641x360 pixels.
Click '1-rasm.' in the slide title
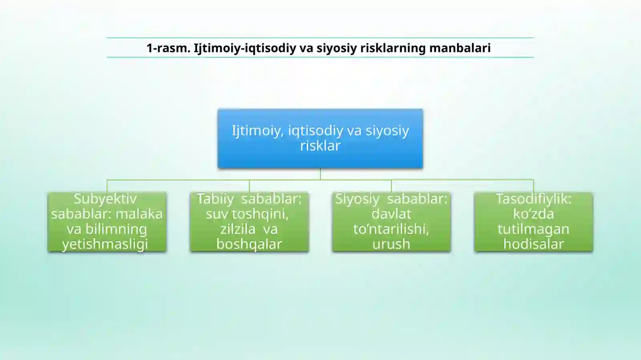point(168,48)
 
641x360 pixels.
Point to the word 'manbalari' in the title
point(460,48)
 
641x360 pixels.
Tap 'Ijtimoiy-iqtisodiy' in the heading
point(245,48)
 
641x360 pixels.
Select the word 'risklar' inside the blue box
point(320,145)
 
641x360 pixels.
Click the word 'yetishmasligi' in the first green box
point(105,244)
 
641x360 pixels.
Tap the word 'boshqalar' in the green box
point(249,244)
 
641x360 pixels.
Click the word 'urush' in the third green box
point(391,244)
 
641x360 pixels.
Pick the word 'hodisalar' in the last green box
point(533,244)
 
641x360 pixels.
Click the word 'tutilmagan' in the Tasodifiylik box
point(533,229)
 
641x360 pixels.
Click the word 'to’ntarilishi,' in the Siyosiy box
point(391,229)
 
